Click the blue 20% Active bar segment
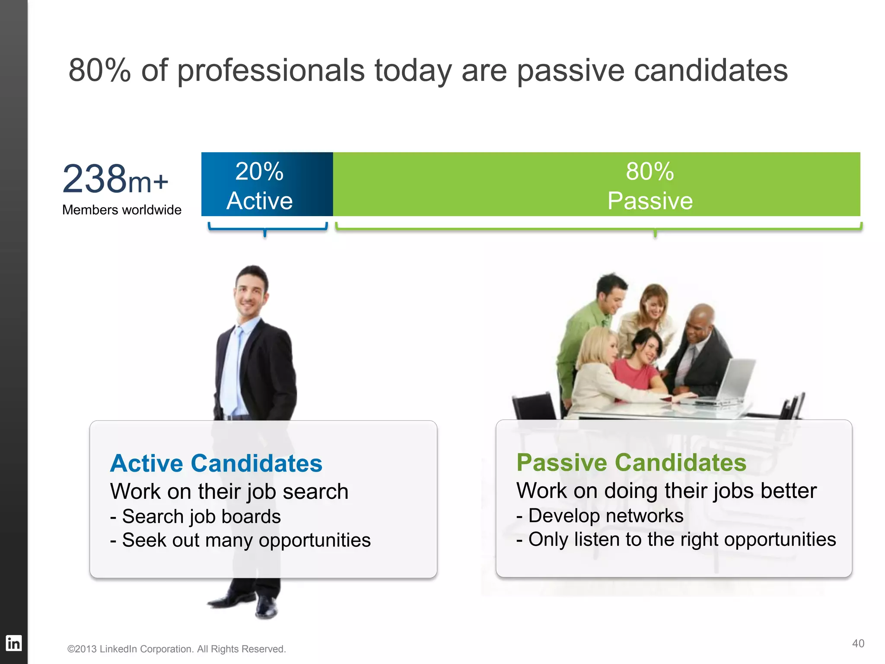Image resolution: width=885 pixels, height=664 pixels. click(267, 184)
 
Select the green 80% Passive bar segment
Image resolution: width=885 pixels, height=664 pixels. click(596, 184)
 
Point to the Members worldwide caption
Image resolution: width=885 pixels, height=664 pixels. click(121, 210)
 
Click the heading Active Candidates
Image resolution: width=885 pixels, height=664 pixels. click(216, 463)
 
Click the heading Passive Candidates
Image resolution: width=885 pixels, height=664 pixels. click(631, 463)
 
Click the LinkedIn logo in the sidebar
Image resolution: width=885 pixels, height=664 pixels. click(13, 643)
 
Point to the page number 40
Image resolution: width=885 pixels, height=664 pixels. click(858, 643)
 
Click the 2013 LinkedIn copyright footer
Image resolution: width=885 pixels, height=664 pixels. click(176, 649)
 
